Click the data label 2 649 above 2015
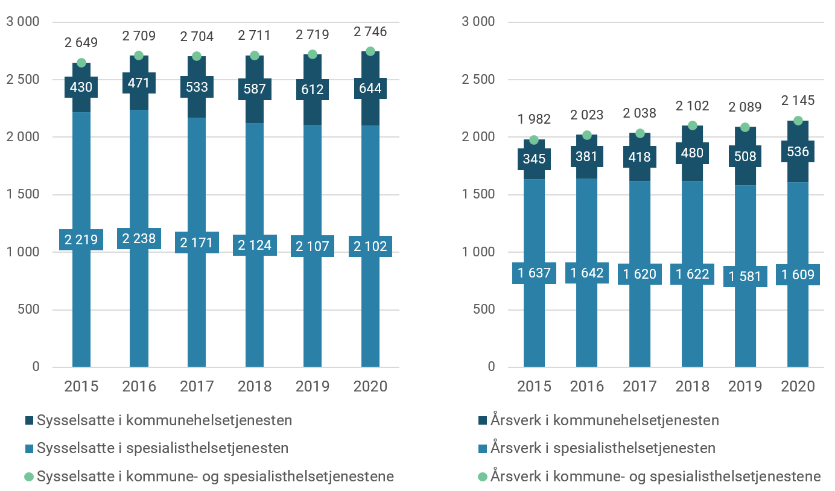click(x=81, y=42)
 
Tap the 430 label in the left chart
click(x=81, y=87)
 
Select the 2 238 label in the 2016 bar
click(x=139, y=239)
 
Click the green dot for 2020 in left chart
click(x=370, y=51)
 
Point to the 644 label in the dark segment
click(x=370, y=89)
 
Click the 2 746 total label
click(x=370, y=31)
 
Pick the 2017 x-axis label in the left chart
click(x=197, y=386)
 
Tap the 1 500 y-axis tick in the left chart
click(x=23, y=195)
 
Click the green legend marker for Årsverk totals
click(x=482, y=477)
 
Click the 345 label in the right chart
click(x=534, y=159)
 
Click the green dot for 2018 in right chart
click(x=693, y=125)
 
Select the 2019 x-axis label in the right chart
click(x=745, y=386)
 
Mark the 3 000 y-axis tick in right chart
click(x=477, y=22)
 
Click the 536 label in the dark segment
click(x=798, y=151)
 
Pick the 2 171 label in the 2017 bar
click(x=197, y=242)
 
